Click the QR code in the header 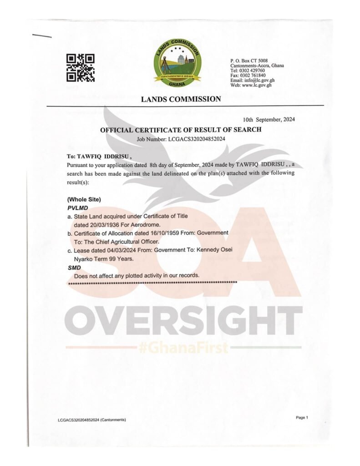coord(81,67)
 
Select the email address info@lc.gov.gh coord(259,81)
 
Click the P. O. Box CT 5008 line coord(249,61)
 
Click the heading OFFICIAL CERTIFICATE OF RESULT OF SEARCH coord(181,130)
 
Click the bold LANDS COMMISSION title coord(181,99)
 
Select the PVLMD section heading coord(77,208)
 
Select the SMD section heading coord(74,268)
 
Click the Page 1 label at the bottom coord(302,417)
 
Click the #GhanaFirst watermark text coord(183,348)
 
